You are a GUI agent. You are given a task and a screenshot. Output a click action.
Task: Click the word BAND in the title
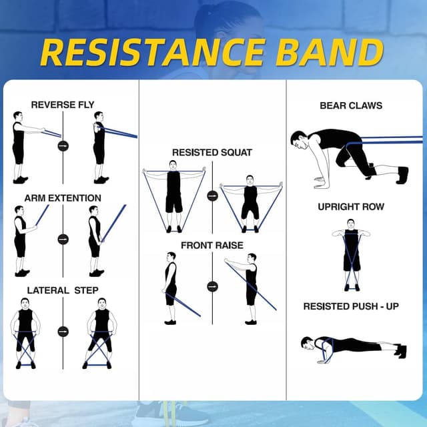[x=333, y=52]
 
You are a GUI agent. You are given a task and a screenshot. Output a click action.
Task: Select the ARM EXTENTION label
[x=63, y=198]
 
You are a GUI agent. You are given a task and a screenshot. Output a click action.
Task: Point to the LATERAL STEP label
[x=63, y=290]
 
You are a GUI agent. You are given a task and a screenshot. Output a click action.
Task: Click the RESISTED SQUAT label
[x=212, y=153]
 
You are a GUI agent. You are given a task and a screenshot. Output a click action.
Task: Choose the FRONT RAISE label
[x=212, y=246]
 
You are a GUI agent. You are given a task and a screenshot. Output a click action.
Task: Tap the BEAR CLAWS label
[x=351, y=105]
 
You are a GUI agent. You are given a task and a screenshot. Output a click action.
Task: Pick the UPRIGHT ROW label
[x=351, y=207]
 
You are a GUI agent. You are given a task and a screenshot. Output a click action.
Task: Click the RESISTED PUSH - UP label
[x=351, y=306]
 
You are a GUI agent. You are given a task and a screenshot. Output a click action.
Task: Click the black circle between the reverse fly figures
[x=63, y=145]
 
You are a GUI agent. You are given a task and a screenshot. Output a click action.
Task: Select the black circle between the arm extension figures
[x=63, y=239]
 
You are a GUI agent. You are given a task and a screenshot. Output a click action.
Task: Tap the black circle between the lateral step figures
[x=63, y=332]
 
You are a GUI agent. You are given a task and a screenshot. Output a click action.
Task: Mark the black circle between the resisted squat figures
[x=212, y=196]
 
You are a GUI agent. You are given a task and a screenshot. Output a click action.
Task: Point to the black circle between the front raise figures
[x=212, y=286]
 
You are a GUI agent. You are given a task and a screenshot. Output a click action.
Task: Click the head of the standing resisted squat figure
[x=173, y=165]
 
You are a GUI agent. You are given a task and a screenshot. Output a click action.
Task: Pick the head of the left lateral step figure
[x=25, y=303]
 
